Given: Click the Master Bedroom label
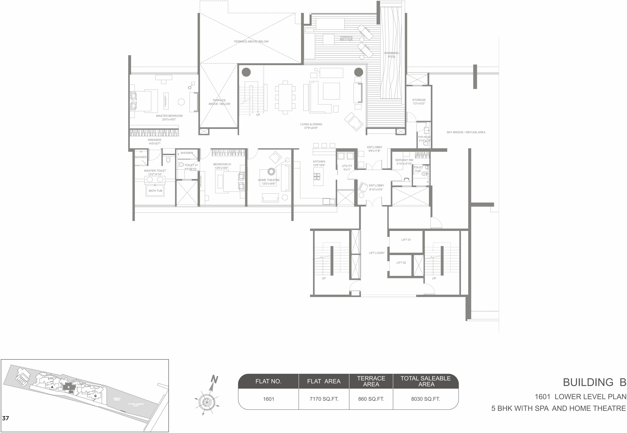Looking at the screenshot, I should [169, 116].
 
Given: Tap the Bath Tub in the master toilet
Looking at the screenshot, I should [155, 191].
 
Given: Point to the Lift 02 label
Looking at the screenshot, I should [401, 263].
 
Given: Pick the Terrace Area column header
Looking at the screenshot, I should [371, 381].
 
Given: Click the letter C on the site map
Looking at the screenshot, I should [95, 396].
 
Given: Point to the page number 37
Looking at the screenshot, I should [5, 418].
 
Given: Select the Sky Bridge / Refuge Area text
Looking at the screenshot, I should [466, 132].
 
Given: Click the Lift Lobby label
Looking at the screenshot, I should [376, 253].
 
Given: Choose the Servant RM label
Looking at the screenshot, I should [404, 160].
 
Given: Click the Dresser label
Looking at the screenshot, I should [154, 140].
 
